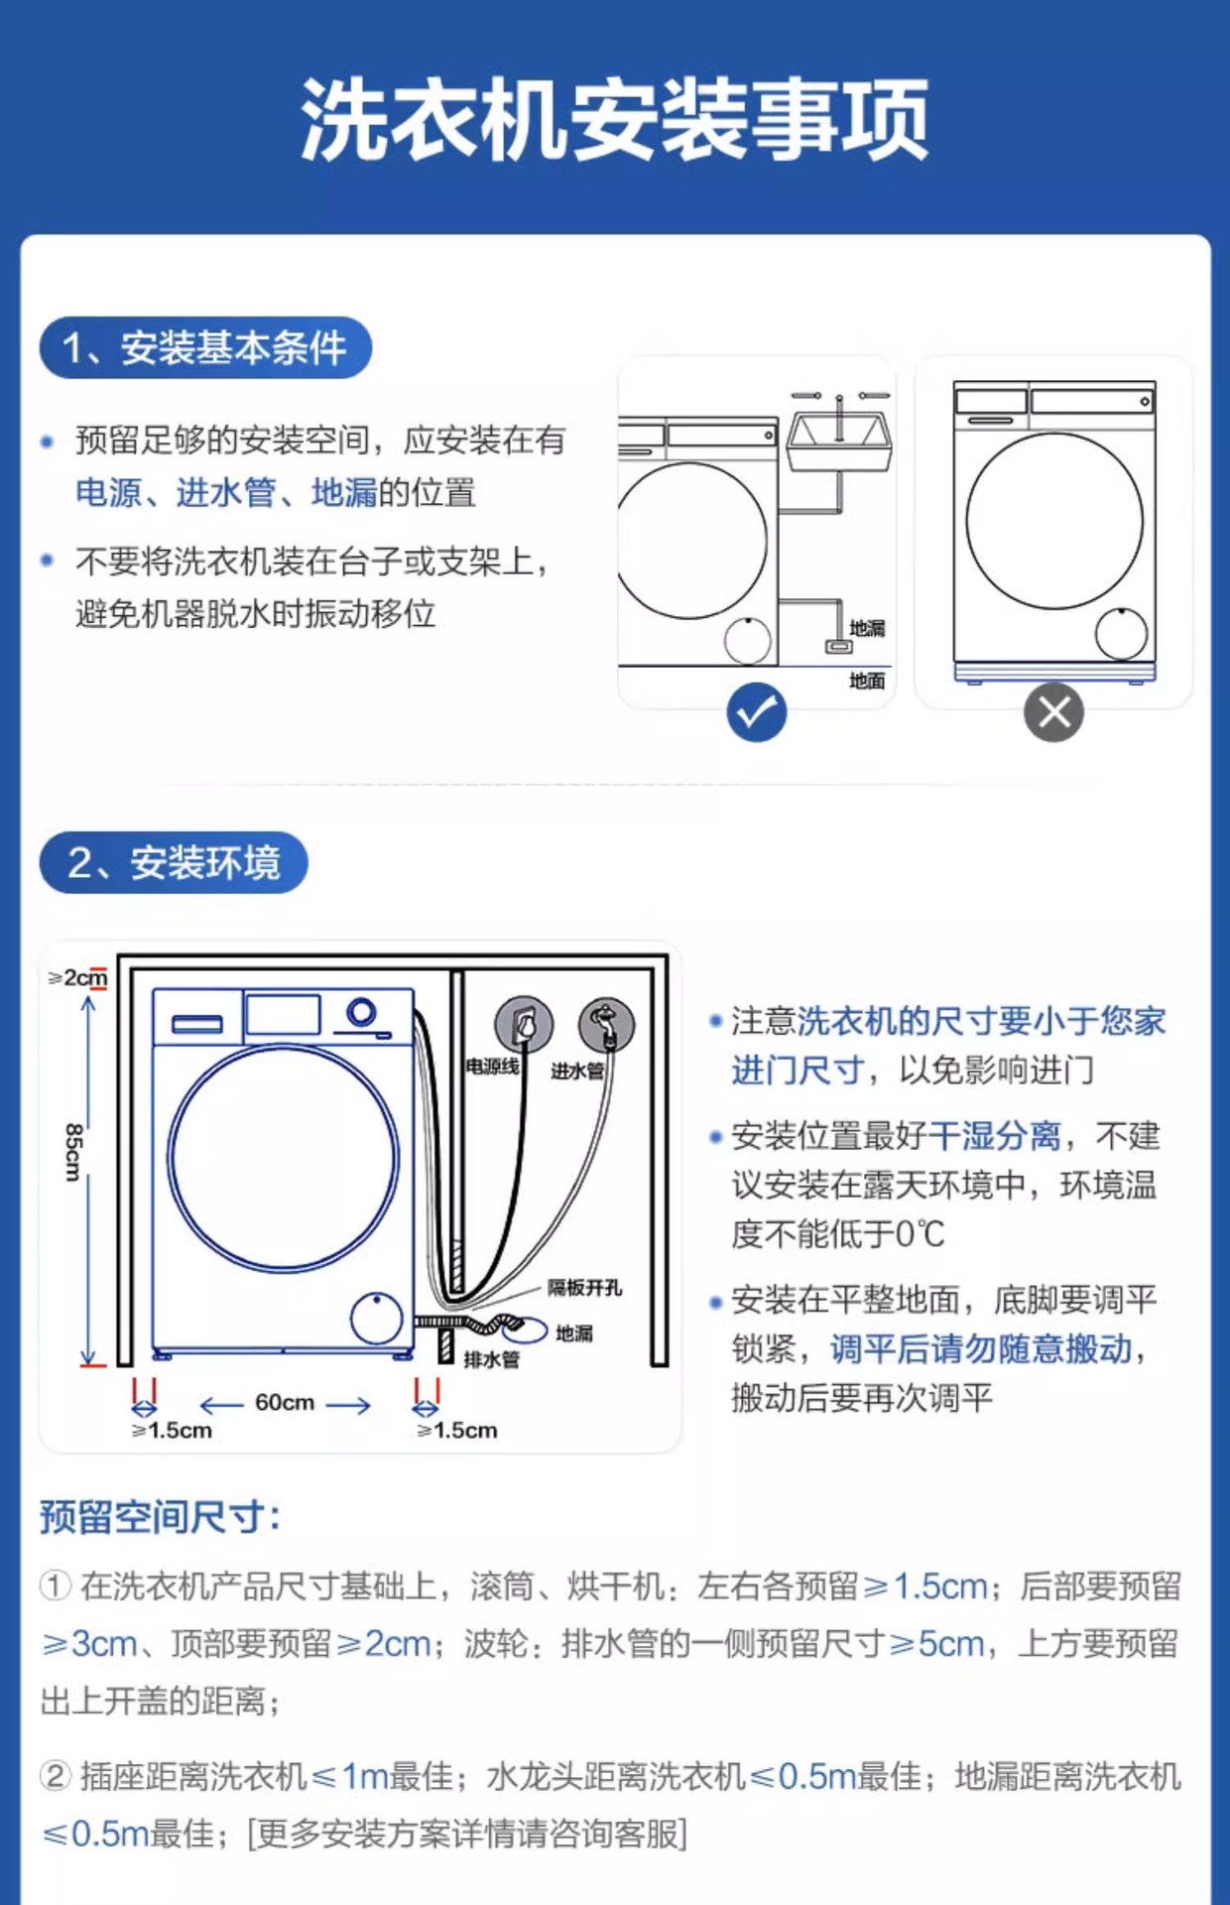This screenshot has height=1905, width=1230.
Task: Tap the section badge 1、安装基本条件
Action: click(205, 348)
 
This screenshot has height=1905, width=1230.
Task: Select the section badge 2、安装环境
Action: click(174, 862)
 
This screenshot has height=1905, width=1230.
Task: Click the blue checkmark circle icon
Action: click(756, 712)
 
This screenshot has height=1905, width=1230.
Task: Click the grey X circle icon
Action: click(1053, 712)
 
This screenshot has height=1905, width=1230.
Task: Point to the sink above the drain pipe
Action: click(839, 441)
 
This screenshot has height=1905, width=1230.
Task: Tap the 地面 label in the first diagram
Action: click(866, 681)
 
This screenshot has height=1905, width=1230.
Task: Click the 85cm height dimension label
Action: click(72, 1152)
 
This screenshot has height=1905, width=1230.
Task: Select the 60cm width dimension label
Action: click(285, 1403)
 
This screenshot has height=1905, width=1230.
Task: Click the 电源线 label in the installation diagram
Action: click(492, 1068)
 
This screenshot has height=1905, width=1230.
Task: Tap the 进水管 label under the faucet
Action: click(577, 1072)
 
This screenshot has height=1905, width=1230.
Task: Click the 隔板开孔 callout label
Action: click(584, 1288)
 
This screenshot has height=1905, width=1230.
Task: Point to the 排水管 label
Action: click(492, 1359)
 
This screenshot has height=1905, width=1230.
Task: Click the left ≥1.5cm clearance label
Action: click(172, 1431)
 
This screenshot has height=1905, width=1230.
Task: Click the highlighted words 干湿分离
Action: click(995, 1135)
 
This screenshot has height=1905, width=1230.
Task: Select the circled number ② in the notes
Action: click(56, 1776)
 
